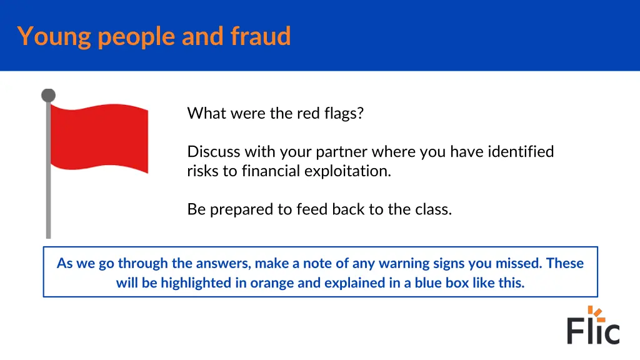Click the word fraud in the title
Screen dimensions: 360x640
point(261,36)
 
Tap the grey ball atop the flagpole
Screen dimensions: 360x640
point(48,96)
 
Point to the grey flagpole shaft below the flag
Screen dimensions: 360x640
point(48,206)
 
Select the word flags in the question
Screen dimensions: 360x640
point(346,114)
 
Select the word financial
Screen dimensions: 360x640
point(271,171)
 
